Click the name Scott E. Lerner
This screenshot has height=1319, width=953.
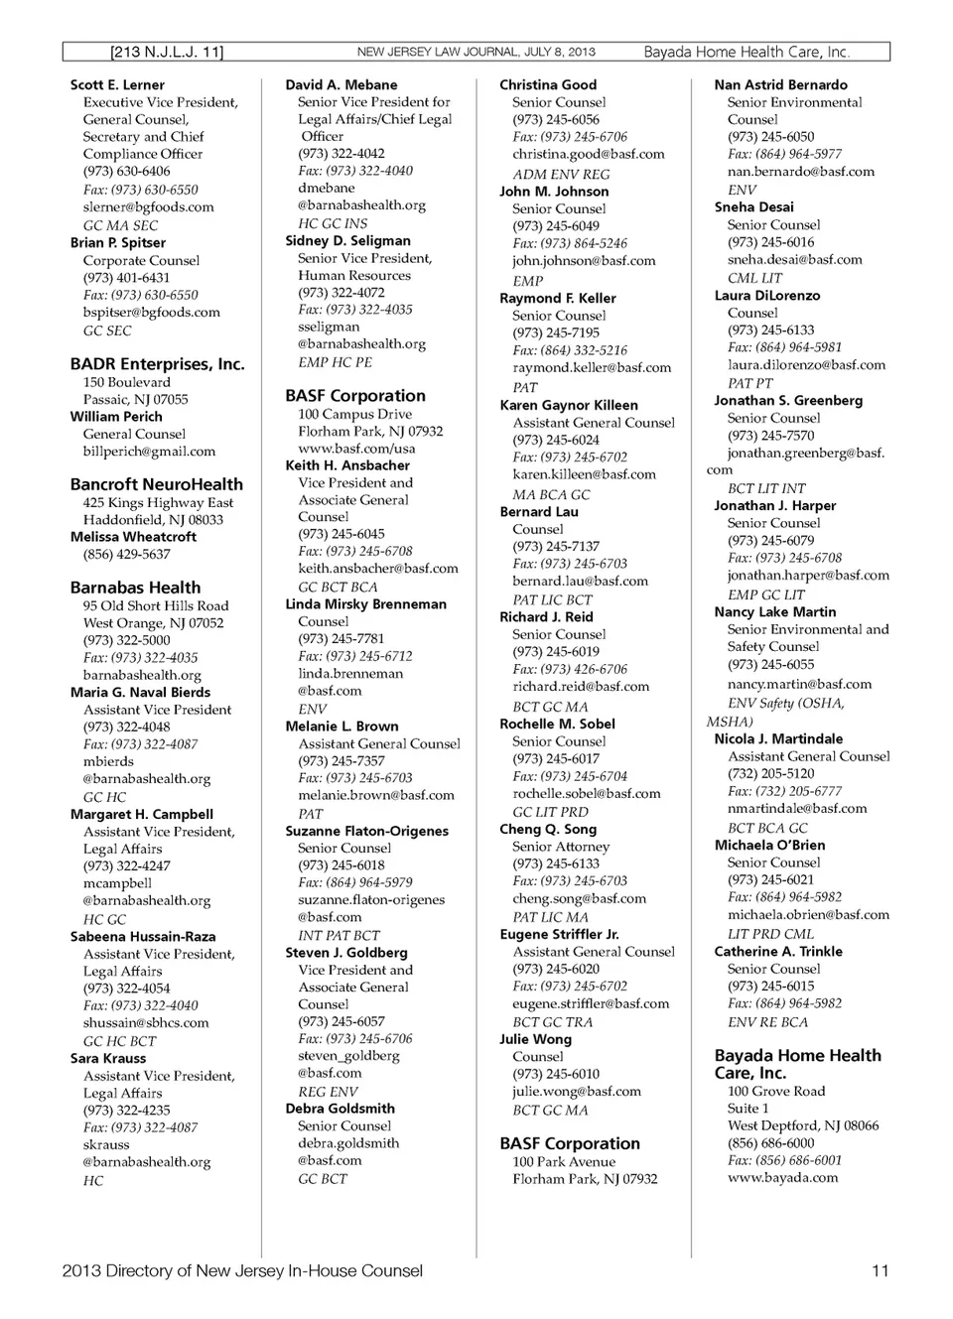pyautogui.click(x=117, y=85)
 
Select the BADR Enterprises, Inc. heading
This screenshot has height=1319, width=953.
pyautogui.click(x=157, y=364)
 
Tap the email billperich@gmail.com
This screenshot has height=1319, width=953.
pyautogui.click(x=149, y=452)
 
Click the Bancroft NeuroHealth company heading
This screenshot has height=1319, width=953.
pyautogui.click(x=156, y=484)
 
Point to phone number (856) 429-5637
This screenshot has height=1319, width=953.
pyautogui.click(x=126, y=555)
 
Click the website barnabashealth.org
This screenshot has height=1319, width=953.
pyautogui.click(x=142, y=675)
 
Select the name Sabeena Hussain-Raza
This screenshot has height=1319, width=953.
pyautogui.click(x=142, y=937)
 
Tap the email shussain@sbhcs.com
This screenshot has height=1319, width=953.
pyautogui.click(x=146, y=1023)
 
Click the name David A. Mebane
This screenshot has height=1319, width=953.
pyautogui.click(x=340, y=85)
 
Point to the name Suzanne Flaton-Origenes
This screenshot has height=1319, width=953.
pyautogui.click(x=366, y=832)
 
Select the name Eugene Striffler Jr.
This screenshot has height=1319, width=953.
pyautogui.click(x=559, y=935)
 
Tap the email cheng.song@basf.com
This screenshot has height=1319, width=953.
pyautogui.click(x=579, y=899)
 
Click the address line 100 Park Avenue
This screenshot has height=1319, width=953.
pyautogui.click(x=564, y=1162)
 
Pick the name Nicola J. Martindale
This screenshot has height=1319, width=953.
pyautogui.click(x=778, y=739)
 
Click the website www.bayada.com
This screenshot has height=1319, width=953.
pyautogui.click(x=782, y=1178)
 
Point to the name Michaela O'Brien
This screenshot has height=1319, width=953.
pyautogui.click(x=769, y=846)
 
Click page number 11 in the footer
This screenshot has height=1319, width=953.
pyautogui.click(x=880, y=1271)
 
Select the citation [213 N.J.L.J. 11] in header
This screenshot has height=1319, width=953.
pyautogui.click(x=167, y=53)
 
